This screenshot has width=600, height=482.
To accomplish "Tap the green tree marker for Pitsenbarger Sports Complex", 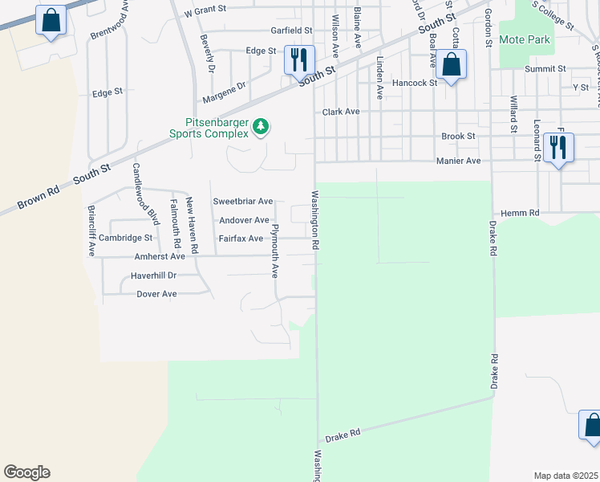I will pos(261,126).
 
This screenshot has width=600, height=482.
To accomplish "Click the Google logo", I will pos(26,472).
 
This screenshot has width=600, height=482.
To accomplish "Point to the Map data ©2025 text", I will pos(565,476).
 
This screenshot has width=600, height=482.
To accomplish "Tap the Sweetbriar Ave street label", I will pos(243,201).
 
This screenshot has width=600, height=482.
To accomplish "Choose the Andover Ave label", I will pos(244,220).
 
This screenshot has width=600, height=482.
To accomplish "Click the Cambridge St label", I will pos(125,238).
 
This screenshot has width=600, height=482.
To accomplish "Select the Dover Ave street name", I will pos(156,294).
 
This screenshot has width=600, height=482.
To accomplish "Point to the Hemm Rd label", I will pos(521,213).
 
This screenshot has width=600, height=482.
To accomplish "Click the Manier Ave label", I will pos(458,161).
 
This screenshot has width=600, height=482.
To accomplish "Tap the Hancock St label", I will pos(415,83).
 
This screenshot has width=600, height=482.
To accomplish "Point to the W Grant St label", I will pos(206,13).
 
